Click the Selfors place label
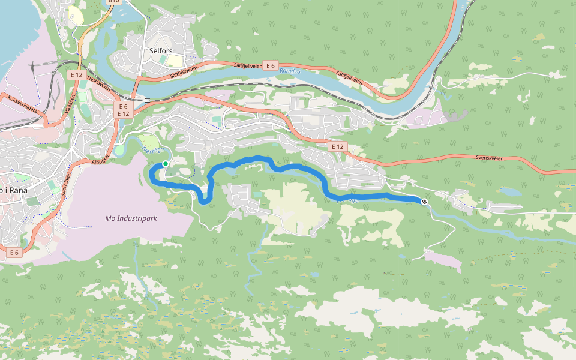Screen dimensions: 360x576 (160, 52)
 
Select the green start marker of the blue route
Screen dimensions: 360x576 (166, 163)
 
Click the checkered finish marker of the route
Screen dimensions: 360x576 (424, 202)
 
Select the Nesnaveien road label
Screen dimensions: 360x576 (100, 83)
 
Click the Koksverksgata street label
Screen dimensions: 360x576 (22, 103)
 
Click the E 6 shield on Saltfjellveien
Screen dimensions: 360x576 (271, 65)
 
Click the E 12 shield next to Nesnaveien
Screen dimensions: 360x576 (76, 74)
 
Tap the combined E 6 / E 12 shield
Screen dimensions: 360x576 (124, 109)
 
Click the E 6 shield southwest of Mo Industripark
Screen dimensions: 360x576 (15, 253)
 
